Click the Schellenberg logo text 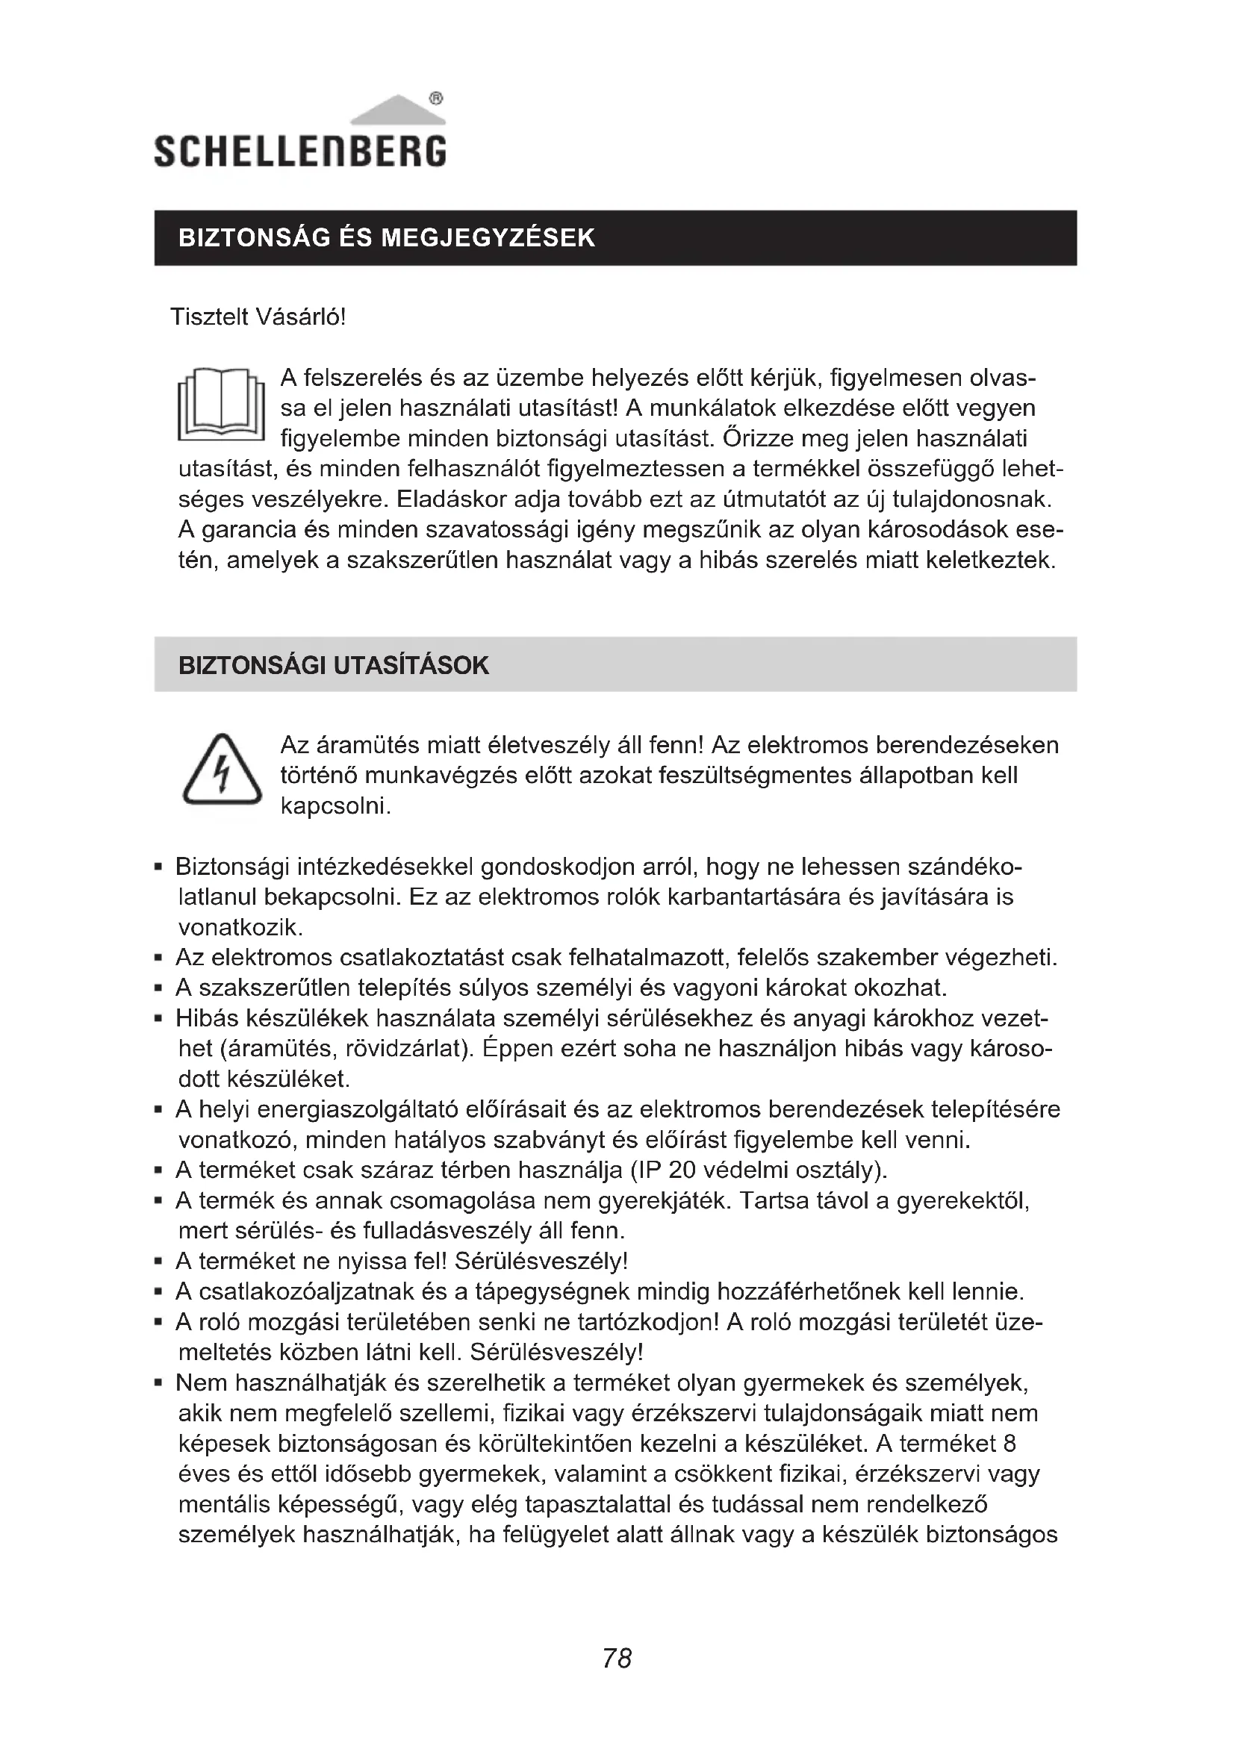click(x=299, y=151)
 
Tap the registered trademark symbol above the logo click(x=436, y=98)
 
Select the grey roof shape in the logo click(x=397, y=110)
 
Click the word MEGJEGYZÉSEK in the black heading click(x=488, y=238)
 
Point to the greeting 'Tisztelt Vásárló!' click(x=258, y=317)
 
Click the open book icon click(x=220, y=405)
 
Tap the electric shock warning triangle click(x=221, y=771)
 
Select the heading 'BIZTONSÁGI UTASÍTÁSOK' click(x=333, y=665)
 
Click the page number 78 click(x=617, y=1658)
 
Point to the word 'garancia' click(x=249, y=529)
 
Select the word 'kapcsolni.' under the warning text click(x=335, y=805)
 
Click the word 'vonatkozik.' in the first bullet click(x=240, y=927)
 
